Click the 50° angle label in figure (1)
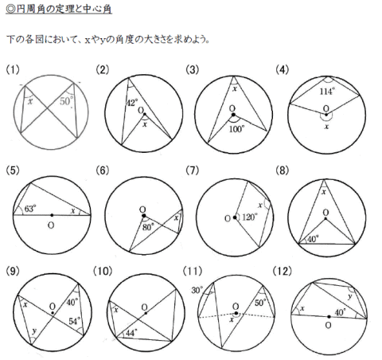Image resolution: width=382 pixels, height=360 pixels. pos(66,101)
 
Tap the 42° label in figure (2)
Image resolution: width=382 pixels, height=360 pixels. pos(132,103)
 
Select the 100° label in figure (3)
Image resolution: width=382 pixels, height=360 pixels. pos(237,129)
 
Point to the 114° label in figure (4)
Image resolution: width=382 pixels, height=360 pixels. pos(327,92)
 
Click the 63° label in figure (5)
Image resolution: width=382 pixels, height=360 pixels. pos(30,209)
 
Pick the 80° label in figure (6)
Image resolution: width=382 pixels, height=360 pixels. pos(148,227)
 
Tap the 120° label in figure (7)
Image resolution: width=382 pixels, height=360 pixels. pos(250,217)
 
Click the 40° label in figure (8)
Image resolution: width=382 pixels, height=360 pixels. pos(314,239)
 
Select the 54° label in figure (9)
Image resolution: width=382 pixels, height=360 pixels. pos(75,321)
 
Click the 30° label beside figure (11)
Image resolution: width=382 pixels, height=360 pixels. pos(197,290)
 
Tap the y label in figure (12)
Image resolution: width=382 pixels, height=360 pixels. pos(350,296)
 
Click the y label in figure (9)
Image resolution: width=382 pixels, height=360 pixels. pos(34,331)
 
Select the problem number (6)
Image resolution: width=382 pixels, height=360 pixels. pos(103,170)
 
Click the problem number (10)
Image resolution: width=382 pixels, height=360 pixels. pos(103,271)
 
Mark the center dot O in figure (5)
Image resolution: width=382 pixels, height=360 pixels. pos(52,215)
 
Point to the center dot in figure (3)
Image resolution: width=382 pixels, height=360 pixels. pos(233,115)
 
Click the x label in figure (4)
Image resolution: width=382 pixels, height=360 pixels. pos(326,127)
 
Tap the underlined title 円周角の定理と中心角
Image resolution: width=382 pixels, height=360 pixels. pos(59,9)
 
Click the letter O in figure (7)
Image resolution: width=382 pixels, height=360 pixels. pos(228,218)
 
